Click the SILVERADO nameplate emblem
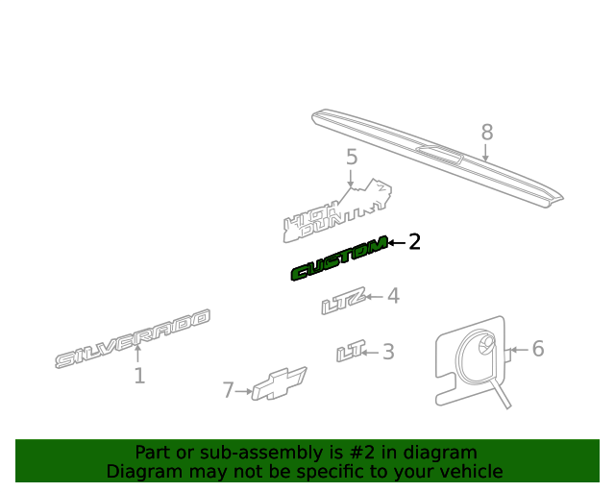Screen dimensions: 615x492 click(x=133, y=339)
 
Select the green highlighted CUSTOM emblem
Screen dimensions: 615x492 click(x=339, y=258)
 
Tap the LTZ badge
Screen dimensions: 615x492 click(x=344, y=301)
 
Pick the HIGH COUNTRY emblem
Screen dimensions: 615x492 click(x=337, y=211)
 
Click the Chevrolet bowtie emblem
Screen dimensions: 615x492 click(x=280, y=383)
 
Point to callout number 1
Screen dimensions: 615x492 click(x=139, y=376)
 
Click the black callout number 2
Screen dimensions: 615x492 click(x=414, y=242)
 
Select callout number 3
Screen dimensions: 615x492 click(x=388, y=352)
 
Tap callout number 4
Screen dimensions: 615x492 click(x=393, y=296)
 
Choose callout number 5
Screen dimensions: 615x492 click(x=352, y=157)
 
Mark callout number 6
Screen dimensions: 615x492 click(x=538, y=349)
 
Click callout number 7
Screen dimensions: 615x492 click(x=229, y=390)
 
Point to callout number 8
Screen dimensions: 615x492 click(x=487, y=133)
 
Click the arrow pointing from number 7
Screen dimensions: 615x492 click(x=243, y=391)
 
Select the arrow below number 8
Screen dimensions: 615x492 click(x=485, y=153)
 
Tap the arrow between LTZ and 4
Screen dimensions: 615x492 click(x=374, y=297)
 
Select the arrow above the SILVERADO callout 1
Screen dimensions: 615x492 click(x=137, y=353)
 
